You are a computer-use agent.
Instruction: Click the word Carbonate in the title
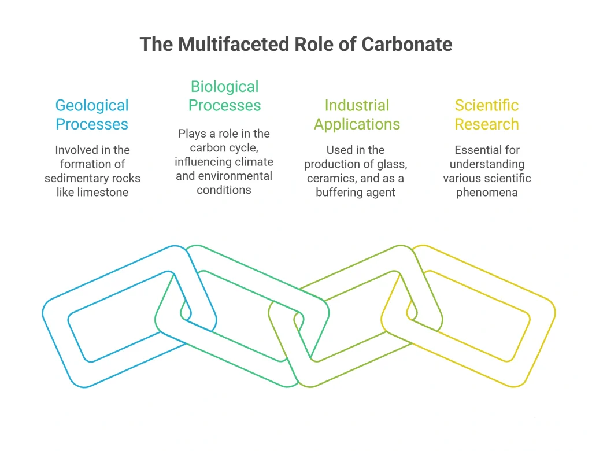point(406,44)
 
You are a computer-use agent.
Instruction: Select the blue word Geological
point(92,106)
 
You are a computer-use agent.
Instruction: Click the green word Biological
point(225,87)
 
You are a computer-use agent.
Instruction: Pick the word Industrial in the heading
point(357,105)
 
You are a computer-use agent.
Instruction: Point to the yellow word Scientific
point(487,105)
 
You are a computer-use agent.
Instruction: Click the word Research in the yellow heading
point(487,124)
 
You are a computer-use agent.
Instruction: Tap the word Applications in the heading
point(357,125)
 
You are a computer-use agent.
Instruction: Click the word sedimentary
point(71,178)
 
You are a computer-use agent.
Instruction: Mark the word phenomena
point(487,193)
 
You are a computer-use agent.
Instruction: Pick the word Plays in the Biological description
point(192,134)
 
